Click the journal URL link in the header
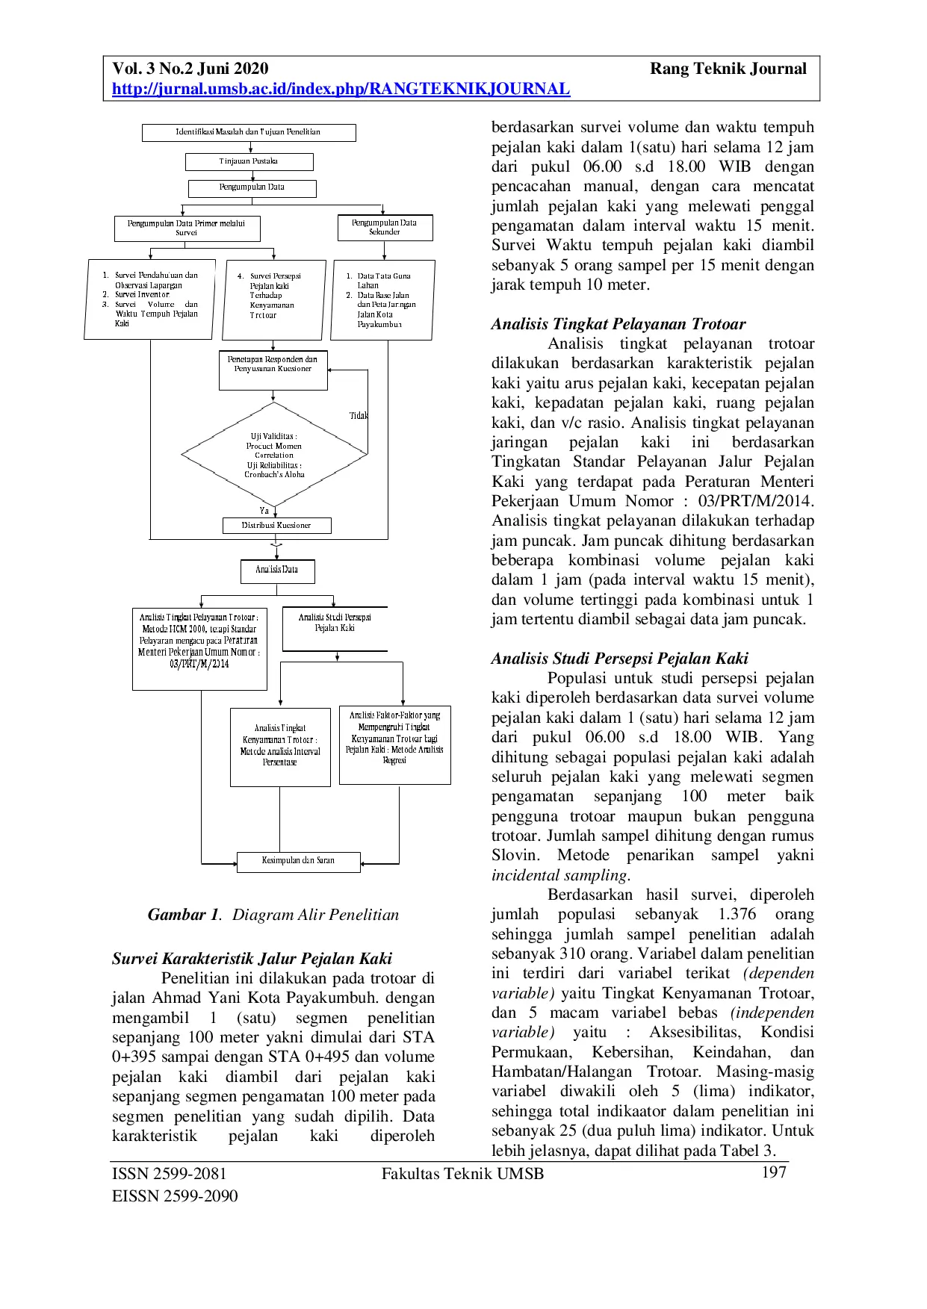click(x=341, y=89)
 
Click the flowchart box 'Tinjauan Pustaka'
click(x=249, y=161)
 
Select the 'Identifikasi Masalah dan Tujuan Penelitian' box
click(x=249, y=132)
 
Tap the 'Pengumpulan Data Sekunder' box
click(x=385, y=227)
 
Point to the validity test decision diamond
click(x=274, y=454)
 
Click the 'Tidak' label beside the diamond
click(x=359, y=415)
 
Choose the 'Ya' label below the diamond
click(x=264, y=511)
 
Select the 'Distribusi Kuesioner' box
click(x=276, y=525)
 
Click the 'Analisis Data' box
click(x=277, y=570)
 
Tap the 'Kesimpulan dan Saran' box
click(x=298, y=861)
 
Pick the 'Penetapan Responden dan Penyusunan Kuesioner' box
click(x=273, y=370)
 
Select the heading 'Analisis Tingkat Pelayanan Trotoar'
click(x=618, y=324)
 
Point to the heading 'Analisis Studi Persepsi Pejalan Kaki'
click(x=620, y=659)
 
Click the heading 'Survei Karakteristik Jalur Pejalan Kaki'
click(x=252, y=959)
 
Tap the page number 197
click(x=774, y=1172)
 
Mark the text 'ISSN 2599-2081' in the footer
click(x=169, y=1174)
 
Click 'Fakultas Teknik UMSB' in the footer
click(x=462, y=1174)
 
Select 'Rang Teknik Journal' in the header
click(x=728, y=69)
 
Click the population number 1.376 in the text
click(x=737, y=915)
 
